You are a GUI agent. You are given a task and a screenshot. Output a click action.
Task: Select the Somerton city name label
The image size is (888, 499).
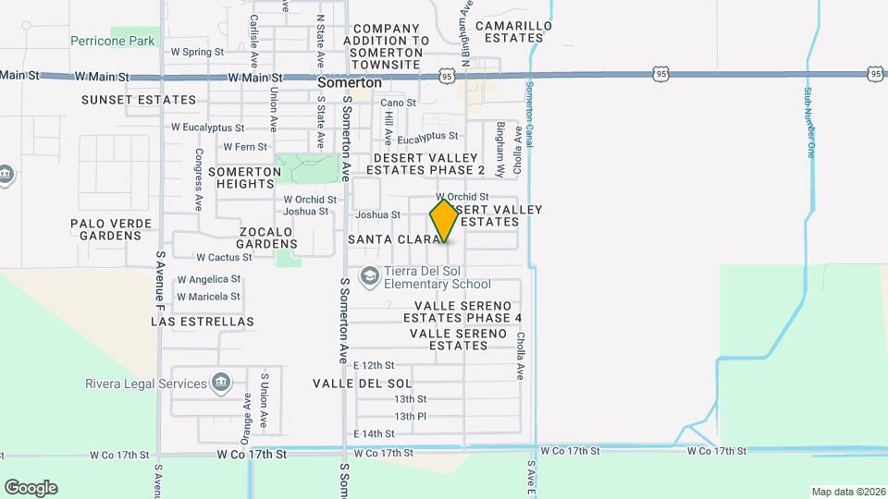(x=349, y=82)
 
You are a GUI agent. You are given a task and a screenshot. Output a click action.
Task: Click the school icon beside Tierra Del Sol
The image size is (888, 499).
(x=369, y=276)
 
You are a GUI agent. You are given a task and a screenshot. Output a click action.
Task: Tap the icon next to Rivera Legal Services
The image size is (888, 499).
(x=220, y=383)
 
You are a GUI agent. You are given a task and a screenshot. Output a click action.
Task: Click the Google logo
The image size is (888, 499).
(x=31, y=487)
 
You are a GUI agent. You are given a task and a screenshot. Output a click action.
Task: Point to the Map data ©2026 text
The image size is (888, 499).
(x=847, y=492)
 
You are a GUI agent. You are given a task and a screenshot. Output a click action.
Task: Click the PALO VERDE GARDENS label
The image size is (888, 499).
(x=105, y=229)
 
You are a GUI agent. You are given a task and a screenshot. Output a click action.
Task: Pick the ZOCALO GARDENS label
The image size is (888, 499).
(x=266, y=237)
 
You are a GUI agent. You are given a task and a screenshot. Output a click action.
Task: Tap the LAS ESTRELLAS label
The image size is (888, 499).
(x=202, y=322)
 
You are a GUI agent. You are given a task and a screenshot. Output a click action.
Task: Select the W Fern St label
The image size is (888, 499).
(x=245, y=146)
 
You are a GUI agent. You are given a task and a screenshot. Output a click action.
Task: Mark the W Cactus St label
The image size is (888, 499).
(x=224, y=257)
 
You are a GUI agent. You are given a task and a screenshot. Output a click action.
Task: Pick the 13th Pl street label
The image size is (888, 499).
(x=410, y=416)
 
